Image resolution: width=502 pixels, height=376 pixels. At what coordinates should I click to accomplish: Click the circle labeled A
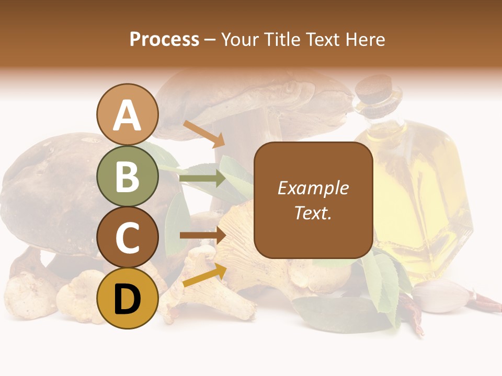pos(127,115)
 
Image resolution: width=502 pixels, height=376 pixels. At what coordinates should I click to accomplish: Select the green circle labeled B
pos(127,176)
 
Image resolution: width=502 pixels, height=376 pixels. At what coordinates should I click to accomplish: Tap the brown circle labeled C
pos(127,237)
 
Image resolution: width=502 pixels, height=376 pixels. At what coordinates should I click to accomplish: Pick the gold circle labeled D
pos(127,298)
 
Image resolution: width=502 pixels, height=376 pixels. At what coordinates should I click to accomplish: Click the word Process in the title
pos(164,39)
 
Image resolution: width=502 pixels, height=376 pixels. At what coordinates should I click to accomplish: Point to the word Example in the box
pos(313,188)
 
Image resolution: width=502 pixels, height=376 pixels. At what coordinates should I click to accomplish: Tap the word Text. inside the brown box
pos(313,213)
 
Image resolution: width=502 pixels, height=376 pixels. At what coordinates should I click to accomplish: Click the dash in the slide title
pos(210,39)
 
